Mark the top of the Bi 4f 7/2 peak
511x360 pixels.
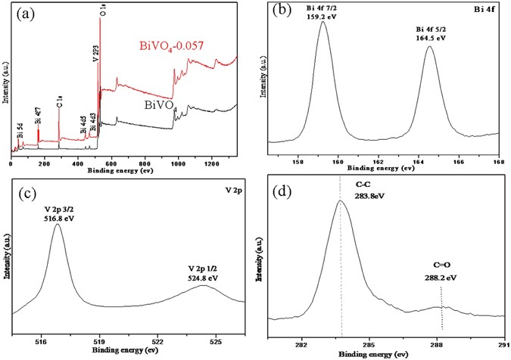322,22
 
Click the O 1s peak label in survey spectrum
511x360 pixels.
102,9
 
